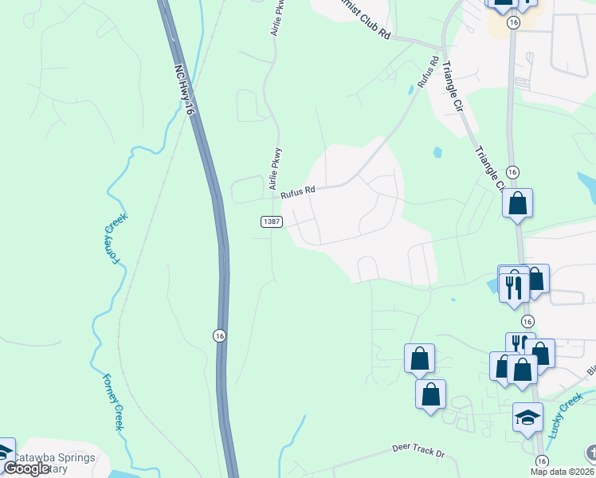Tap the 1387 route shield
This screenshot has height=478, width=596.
(x=271, y=222)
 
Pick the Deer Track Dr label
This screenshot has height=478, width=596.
(x=417, y=451)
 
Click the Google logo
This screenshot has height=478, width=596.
(x=26, y=468)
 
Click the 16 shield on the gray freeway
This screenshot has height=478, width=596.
(x=219, y=335)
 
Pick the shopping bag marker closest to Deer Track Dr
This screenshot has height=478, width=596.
(x=430, y=394)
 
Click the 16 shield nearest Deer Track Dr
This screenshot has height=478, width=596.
(x=542, y=461)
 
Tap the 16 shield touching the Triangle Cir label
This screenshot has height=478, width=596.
(x=512, y=172)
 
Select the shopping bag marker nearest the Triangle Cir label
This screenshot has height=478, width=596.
(x=517, y=204)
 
